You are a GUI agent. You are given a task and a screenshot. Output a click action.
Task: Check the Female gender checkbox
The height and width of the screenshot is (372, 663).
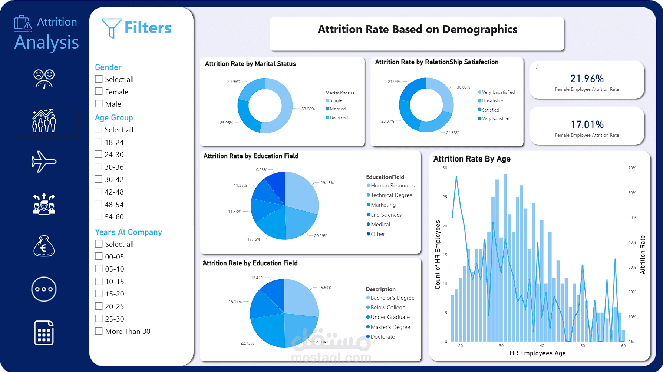point(99,92)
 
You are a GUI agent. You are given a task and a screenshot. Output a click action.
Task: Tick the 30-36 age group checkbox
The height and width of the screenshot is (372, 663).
point(99,167)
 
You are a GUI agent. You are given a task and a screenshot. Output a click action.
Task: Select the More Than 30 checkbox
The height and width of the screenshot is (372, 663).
point(99,331)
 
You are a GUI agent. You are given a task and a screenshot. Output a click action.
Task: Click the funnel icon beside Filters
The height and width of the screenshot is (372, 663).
point(111,28)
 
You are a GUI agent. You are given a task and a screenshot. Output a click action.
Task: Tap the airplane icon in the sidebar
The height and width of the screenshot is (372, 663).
point(44,162)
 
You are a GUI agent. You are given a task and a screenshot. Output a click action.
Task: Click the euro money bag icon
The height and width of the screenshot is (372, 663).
point(44,246)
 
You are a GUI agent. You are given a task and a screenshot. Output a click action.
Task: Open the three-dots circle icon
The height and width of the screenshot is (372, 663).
point(44,289)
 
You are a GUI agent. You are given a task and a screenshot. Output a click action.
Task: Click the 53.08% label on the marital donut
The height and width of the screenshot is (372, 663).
point(308,109)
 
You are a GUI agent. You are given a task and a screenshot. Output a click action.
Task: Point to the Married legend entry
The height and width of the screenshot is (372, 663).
point(337,109)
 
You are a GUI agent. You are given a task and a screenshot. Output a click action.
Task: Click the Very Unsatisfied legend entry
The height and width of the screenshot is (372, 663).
point(498,92)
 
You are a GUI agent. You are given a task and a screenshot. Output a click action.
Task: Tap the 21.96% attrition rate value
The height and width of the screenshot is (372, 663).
point(587,79)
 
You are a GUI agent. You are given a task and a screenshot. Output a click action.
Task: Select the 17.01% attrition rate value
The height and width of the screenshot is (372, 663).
point(587,124)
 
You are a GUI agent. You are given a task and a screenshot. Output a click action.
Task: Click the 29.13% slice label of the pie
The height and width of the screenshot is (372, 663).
point(327,183)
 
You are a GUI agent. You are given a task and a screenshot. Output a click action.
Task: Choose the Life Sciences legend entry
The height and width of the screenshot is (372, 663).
point(386,215)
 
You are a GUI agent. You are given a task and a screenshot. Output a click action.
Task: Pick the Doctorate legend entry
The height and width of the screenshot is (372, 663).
point(382,337)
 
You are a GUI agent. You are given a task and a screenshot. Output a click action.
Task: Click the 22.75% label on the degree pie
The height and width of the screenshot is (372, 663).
point(247,343)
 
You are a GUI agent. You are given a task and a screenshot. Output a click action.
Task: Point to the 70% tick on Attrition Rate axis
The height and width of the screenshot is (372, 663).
point(632,168)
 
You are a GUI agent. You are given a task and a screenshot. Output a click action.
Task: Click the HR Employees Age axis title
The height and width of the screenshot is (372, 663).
point(537,353)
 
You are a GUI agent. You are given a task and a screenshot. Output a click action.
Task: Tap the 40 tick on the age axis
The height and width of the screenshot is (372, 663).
point(542,346)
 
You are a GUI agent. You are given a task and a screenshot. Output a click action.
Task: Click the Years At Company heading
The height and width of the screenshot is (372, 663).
point(128,232)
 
